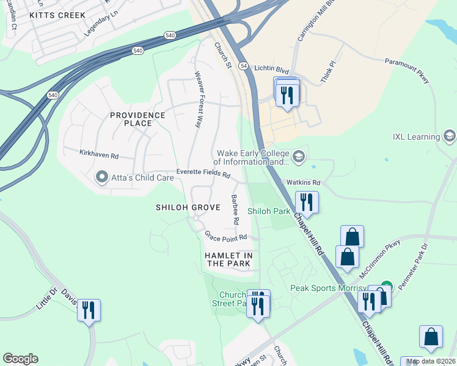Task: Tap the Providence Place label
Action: tap(137, 119)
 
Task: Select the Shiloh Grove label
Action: tap(188, 207)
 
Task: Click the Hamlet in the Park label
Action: tap(228, 259)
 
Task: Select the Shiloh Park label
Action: tap(268, 211)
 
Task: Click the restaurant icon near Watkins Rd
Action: tap(306, 201)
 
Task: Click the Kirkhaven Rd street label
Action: tap(99, 155)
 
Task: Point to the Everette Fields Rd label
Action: tap(203, 174)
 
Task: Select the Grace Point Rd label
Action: tap(225, 236)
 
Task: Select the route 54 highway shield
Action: tap(243, 65)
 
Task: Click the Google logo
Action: tap(20, 359)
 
